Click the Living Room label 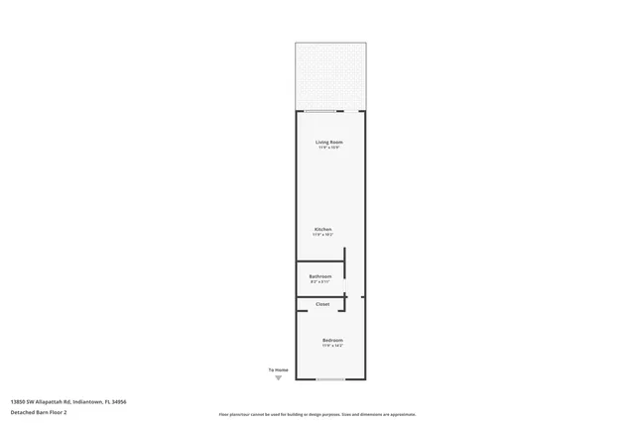point(329,143)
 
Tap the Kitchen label point(322,230)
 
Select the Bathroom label point(319,276)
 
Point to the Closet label point(322,304)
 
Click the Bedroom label point(332,341)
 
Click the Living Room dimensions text point(329,148)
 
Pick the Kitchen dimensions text point(322,235)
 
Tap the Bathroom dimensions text point(319,281)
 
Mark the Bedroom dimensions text point(332,346)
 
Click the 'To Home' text point(278,370)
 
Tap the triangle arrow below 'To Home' point(278,377)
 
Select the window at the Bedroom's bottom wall point(330,380)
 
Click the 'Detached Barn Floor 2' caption point(38,412)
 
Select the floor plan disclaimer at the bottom point(317,414)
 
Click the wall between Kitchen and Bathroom point(319,262)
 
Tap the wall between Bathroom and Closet point(319,295)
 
